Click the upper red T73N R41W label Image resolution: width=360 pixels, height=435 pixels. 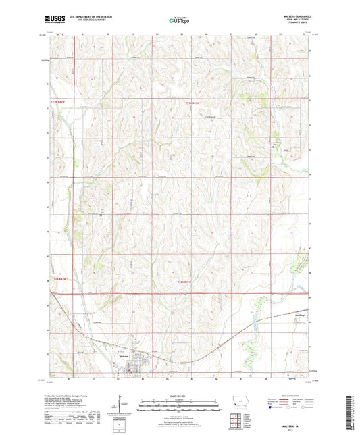(194, 103)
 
